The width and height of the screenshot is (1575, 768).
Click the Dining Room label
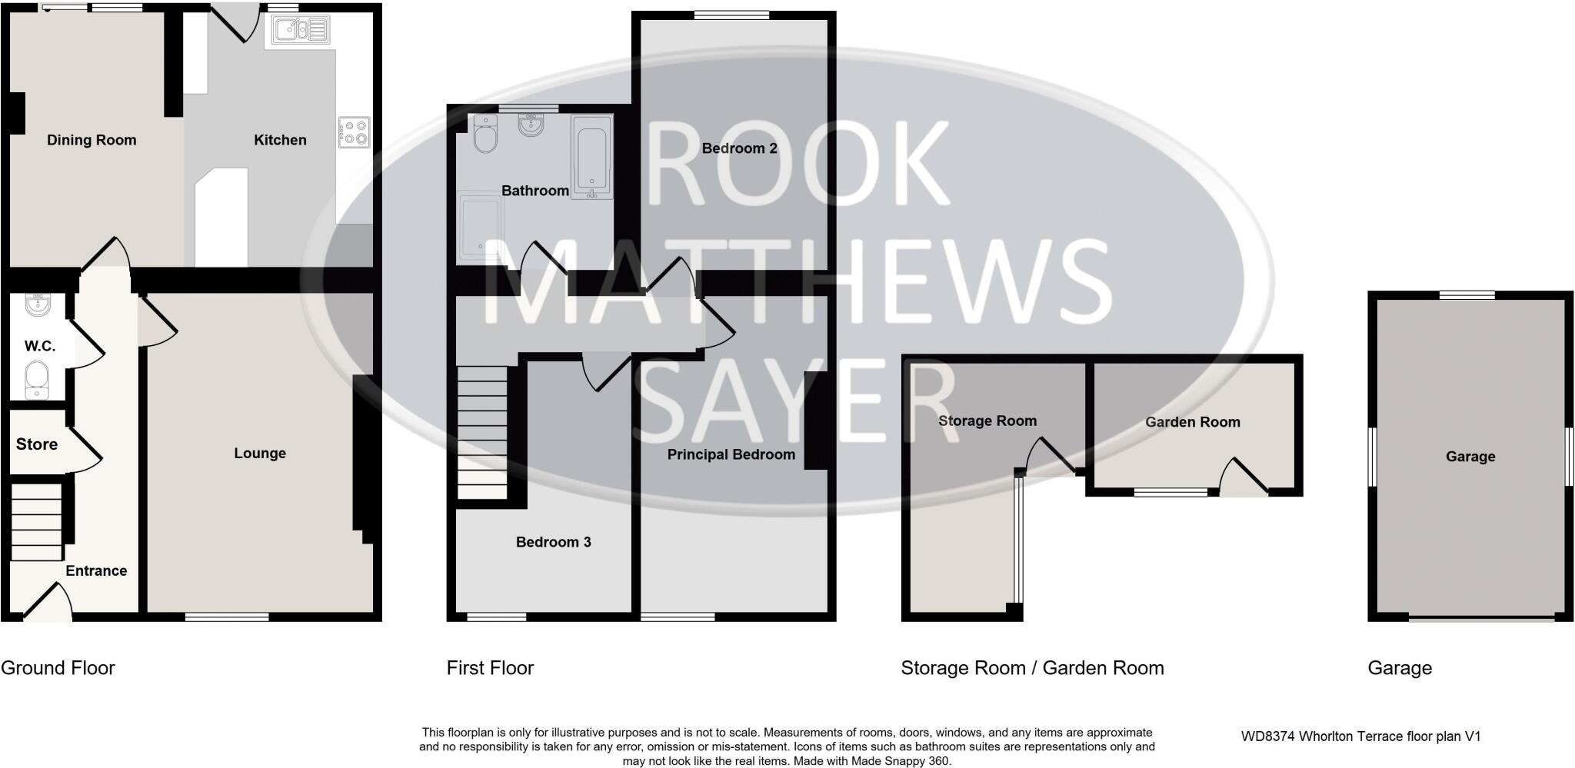(x=92, y=140)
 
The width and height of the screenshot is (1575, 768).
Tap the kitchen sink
(x=298, y=31)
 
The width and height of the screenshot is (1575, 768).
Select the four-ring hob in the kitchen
(x=355, y=132)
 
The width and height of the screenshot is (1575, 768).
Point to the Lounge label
(x=260, y=454)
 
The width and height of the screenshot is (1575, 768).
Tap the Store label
(x=37, y=444)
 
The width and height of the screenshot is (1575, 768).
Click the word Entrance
(x=96, y=570)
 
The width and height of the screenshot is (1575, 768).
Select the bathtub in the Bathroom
(x=591, y=157)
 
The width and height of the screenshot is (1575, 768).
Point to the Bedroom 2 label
(x=739, y=148)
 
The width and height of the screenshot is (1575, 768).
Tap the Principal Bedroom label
(x=731, y=454)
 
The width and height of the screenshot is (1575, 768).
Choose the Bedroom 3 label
(x=553, y=542)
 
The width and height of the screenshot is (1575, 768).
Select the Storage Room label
(x=987, y=421)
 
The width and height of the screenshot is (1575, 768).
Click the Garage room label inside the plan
(x=1470, y=457)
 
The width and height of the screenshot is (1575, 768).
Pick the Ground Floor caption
(x=58, y=668)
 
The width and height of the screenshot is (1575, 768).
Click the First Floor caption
(x=490, y=668)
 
